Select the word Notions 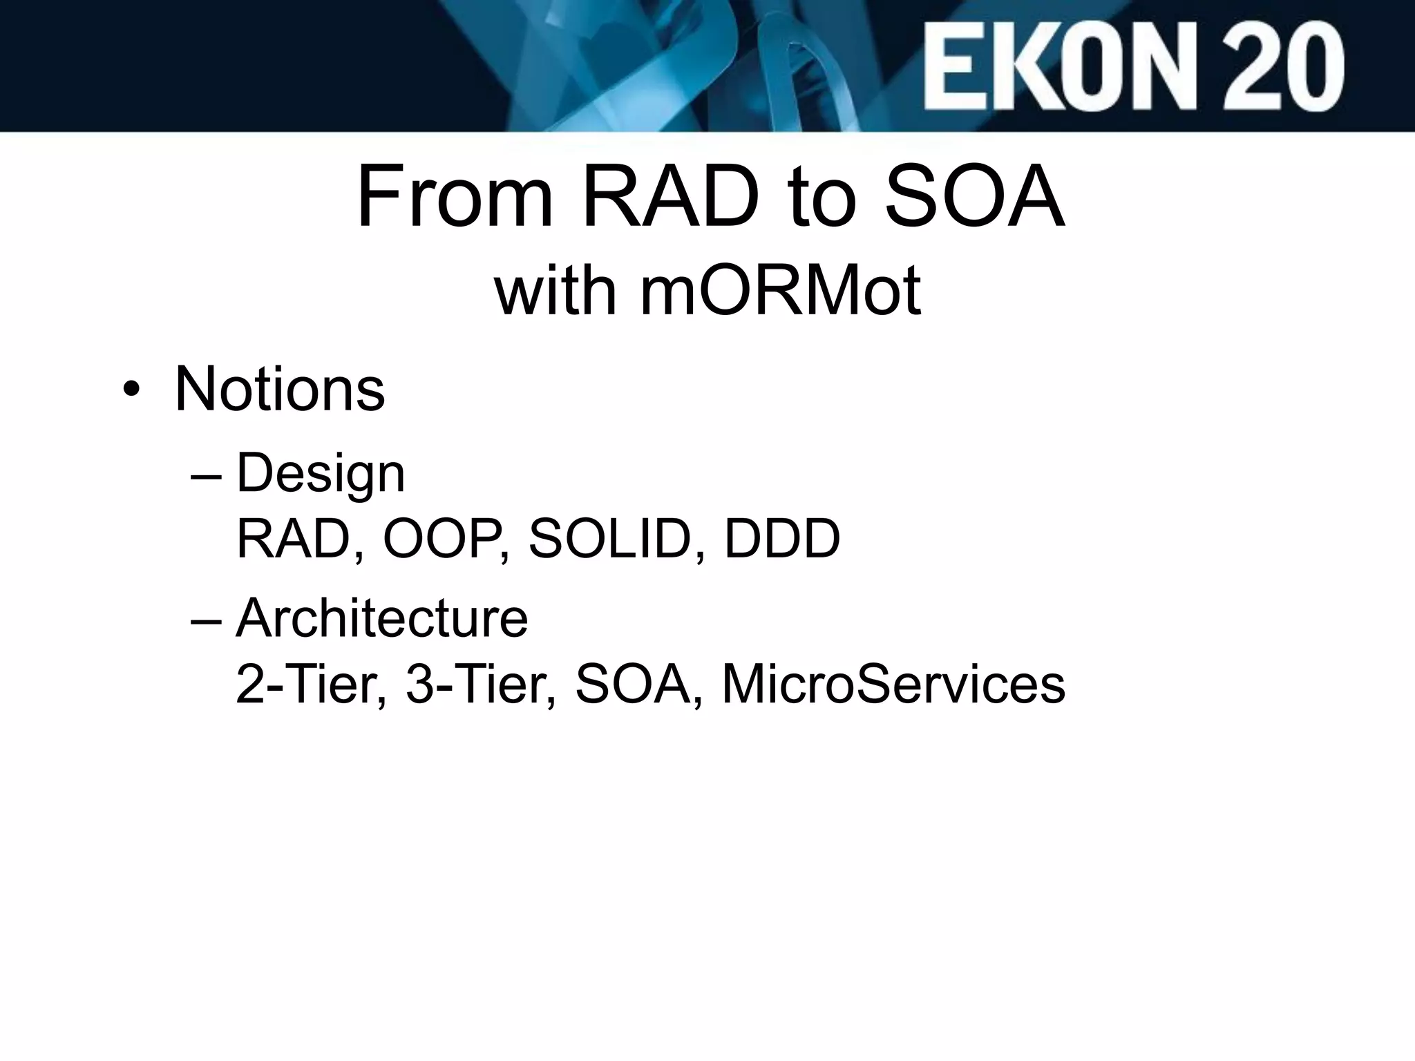[280, 390]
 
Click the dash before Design [206, 477]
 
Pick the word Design [321, 475]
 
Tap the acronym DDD [781, 539]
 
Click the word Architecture [382, 618]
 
